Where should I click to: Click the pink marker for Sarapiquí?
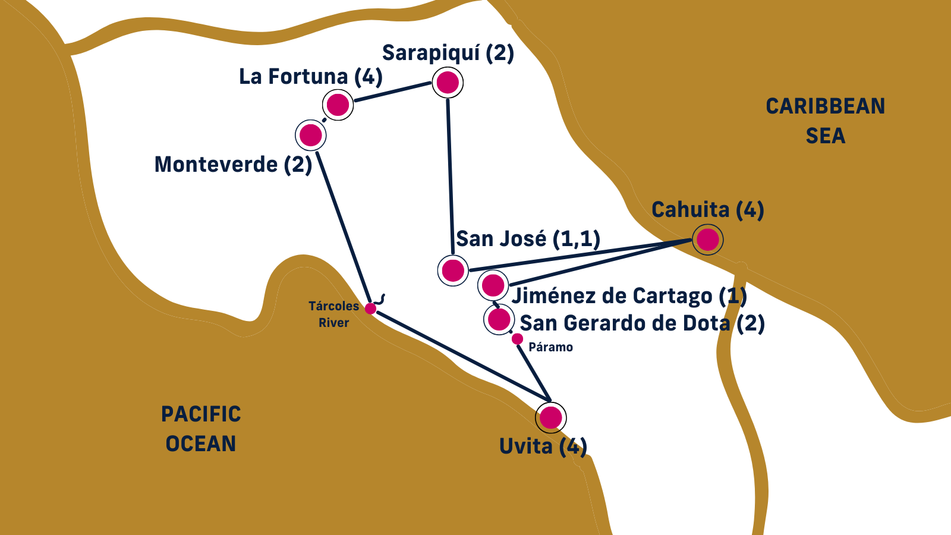click(x=448, y=83)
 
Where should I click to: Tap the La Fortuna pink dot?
click(x=338, y=105)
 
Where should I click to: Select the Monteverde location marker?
click(x=311, y=136)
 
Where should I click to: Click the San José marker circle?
click(x=453, y=270)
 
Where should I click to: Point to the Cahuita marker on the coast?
click(x=708, y=240)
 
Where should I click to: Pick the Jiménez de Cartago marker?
click(x=493, y=285)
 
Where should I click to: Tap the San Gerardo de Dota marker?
click(x=499, y=319)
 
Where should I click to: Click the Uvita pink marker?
click(x=551, y=417)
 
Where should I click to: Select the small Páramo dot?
click(x=517, y=339)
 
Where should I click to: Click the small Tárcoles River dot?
click(x=370, y=309)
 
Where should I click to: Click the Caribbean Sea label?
click(x=825, y=121)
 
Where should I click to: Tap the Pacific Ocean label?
click(x=201, y=429)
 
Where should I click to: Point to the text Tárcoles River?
click(x=334, y=314)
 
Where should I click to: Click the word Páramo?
click(x=550, y=347)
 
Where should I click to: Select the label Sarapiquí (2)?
click(x=448, y=53)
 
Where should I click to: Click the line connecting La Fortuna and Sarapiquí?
click(x=392, y=92)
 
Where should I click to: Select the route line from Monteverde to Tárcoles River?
click(x=344, y=226)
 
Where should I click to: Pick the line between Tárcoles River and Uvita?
click(x=464, y=355)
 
